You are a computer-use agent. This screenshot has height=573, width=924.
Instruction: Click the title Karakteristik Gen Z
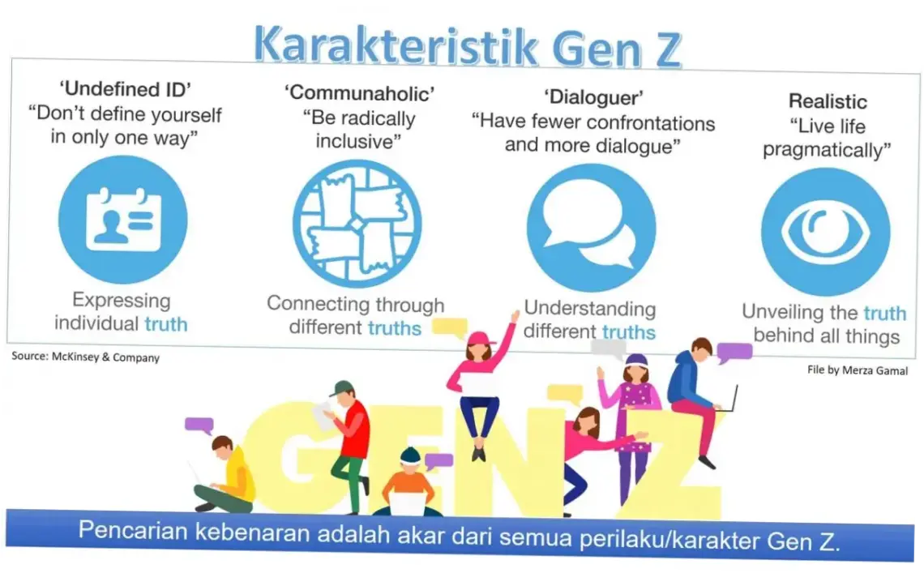pos(468,46)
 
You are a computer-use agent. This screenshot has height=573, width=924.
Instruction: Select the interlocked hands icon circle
pos(357,224)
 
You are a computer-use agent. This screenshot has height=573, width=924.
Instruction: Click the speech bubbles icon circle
pos(591,227)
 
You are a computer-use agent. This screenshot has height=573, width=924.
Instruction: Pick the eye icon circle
pos(825,232)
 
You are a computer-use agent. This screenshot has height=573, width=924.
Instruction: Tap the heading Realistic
pos(828,101)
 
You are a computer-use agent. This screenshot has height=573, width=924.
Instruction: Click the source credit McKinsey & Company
pos(86,357)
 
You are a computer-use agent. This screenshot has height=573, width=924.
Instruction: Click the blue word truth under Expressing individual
pos(166,324)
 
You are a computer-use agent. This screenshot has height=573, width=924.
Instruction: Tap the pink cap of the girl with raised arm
pos(480,337)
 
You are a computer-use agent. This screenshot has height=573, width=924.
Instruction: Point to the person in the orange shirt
pos(409,486)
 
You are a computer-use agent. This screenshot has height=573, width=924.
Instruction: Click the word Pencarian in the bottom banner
pos(126,533)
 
